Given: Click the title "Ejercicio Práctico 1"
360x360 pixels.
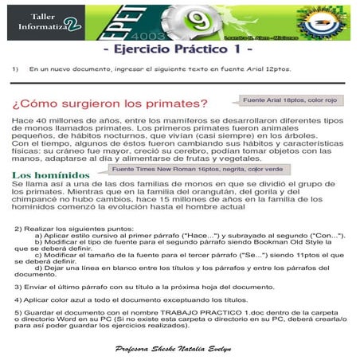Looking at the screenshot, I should (178, 50).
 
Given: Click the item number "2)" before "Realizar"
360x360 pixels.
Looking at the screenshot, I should (18, 229).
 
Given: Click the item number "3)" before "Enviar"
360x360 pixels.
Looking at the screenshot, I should (17, 285).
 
